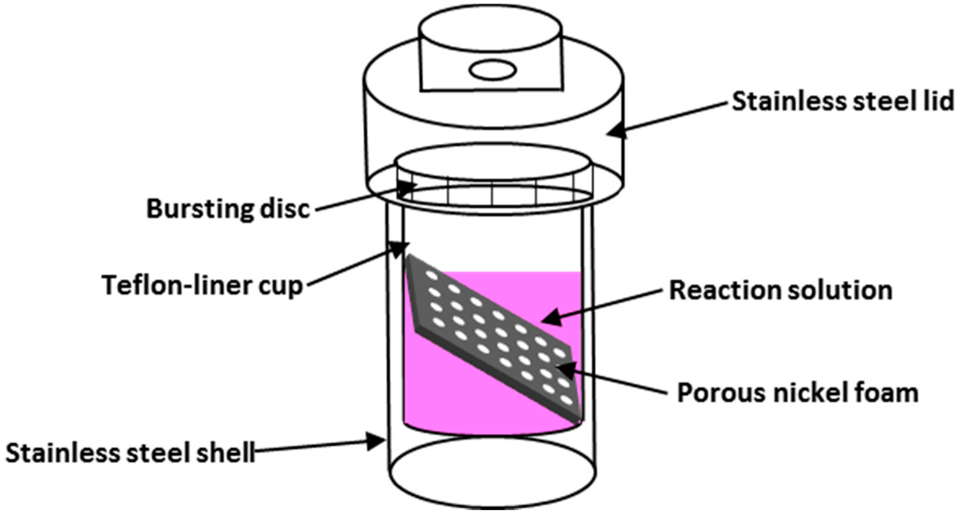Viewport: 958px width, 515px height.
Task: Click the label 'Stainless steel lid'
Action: point(842,101)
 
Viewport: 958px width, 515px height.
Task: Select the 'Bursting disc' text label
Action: point(228,209)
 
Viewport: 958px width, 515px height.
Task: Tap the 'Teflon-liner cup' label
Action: point(202,285)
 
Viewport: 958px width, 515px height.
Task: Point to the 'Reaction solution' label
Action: point(781,290)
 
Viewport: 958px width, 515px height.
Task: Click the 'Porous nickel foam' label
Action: point(798,393)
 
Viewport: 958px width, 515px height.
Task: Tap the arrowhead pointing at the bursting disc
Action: point(408,188)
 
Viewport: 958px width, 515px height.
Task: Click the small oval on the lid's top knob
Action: point(493,70)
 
